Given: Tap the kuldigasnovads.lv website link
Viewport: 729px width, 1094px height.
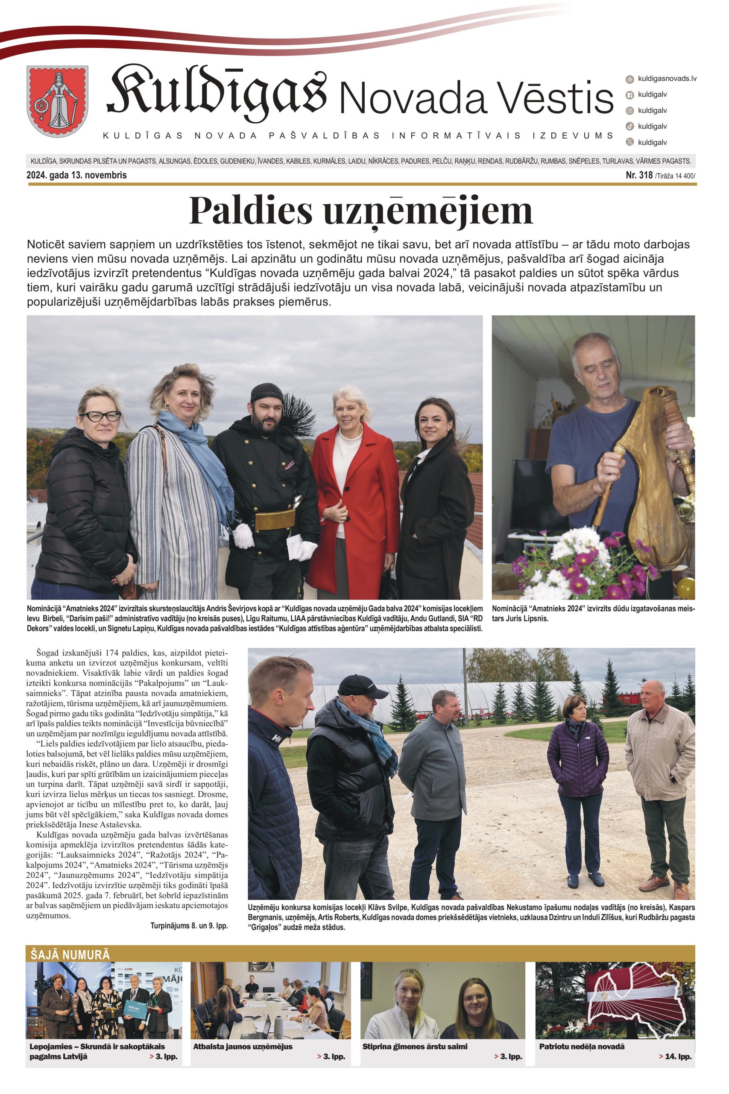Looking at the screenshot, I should coord(667,79).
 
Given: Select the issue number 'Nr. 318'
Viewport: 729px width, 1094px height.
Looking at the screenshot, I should coord(639,175).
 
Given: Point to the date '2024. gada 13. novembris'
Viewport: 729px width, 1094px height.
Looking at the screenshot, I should coord(77,175).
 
